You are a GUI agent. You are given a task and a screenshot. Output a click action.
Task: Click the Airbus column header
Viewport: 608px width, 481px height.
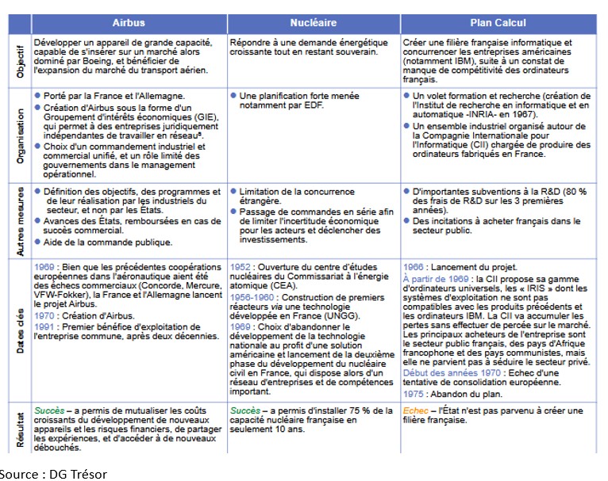coord(129,24)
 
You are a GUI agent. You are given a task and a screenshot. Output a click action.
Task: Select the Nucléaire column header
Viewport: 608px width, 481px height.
coord(313,24)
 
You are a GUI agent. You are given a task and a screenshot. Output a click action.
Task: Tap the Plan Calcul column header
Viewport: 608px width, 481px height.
coord(498,24)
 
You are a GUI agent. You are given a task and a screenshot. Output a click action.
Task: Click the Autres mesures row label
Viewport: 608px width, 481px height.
coord(20,219)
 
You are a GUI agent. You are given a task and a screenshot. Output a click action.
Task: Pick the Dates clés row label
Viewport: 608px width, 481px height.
coord(20,329)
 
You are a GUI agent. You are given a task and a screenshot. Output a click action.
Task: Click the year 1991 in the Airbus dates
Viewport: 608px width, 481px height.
coord(44,326)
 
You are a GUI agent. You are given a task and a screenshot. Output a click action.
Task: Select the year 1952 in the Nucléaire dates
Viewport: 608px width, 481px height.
coord(241,267)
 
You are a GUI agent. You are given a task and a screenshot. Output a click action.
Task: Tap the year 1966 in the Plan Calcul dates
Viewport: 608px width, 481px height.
coord(413,267)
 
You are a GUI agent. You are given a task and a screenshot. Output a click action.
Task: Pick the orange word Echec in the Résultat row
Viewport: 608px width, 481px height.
coord(415,410)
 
